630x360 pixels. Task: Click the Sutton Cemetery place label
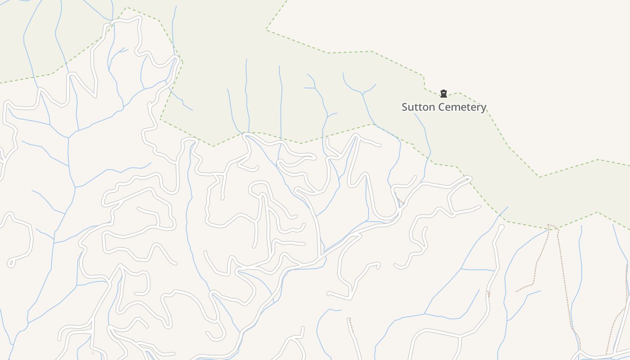click(x=444, y=107)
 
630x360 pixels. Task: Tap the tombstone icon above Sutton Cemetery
click(x=444, y=94)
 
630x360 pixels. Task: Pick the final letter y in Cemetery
click(x=484, y=108)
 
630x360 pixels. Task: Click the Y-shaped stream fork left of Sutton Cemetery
click(x=362, y=94)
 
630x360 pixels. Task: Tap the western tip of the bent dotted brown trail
click(x=516, y=292)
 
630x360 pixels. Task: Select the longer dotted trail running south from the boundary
click(x=566, y=288)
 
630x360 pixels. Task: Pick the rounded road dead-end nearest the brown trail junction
click(x=501, y=228)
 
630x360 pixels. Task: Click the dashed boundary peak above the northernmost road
click(x=126, y=8)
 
